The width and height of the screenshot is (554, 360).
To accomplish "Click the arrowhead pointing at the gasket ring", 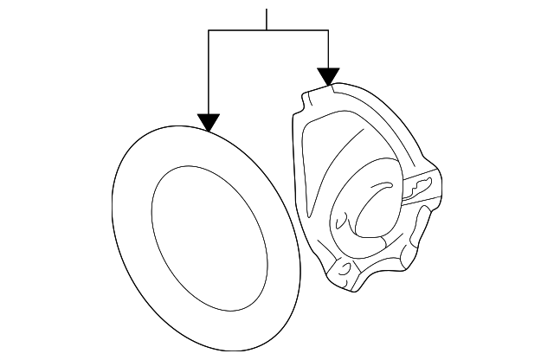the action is pyautogui.click(x=209, y=122).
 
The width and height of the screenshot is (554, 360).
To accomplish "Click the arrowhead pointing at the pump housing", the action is pyautogui.click(x=327, y=76).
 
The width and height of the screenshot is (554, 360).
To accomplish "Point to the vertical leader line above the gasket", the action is pyautogui.click(x=209, y=74).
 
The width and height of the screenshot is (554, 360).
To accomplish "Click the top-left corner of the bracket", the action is pyautogui.click(x=209, y=30).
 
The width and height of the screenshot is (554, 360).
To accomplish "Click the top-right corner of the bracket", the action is pyautogui.click(x=327, y=30).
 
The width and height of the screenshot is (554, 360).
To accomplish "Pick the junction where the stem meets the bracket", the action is pyautogui.click(x=267, y=30).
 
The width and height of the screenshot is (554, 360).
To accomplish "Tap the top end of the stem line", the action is pyautogui.click(x=267, y=9).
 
